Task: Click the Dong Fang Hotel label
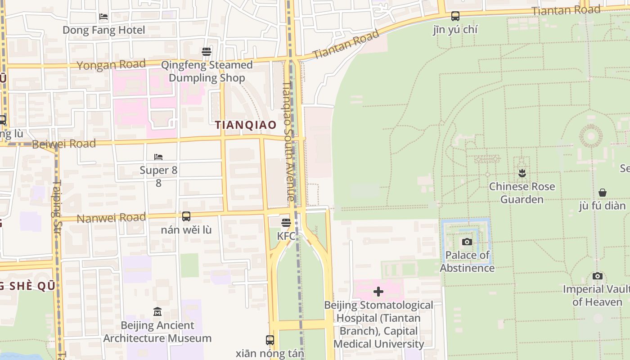tap(103, 30)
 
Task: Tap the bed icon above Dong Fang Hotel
tap(103, 17)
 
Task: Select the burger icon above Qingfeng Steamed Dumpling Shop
tap(207, 52)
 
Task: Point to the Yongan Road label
tap(111, 65)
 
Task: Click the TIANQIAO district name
tap(246, 125)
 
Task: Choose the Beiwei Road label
tap(64, 144)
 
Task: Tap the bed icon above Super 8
tap(158, 157)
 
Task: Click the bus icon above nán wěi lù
tap(186, 216)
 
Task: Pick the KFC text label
tap(286, 236)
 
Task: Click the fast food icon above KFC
tap(286, 223)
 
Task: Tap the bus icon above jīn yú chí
tap(455, 16)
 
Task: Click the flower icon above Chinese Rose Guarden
tap(522, 173)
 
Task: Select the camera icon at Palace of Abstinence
tap(467, 242)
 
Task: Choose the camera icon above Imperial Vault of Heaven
tap(598, 276)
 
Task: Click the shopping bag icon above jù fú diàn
tap(603, 193)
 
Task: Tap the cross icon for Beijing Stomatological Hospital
tap(378, 292)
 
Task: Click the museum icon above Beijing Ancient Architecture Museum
tap(157, 311)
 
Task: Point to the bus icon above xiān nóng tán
tap(270, 340)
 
